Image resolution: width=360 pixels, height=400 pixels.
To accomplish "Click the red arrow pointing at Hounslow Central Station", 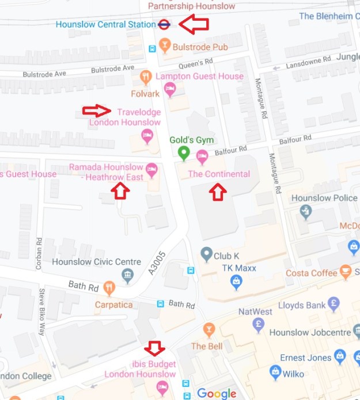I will click(193, 24).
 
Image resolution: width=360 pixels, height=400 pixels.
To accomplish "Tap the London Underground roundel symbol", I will click(164, 25).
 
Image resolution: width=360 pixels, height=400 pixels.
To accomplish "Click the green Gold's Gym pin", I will click(183, 153).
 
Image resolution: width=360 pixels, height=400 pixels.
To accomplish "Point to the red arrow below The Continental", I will click(217, 192).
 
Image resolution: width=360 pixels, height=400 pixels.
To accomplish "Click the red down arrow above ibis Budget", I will click(154, 348).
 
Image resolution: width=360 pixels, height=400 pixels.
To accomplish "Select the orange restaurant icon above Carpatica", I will click(109, 287).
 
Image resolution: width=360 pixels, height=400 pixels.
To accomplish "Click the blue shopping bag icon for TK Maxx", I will click(236, 281).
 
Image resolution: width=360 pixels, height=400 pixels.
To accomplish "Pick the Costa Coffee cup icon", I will click(346, 271).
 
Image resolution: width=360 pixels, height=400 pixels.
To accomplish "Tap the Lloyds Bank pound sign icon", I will click(333, 303).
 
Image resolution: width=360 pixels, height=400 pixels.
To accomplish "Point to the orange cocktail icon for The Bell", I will click(210, 330).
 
